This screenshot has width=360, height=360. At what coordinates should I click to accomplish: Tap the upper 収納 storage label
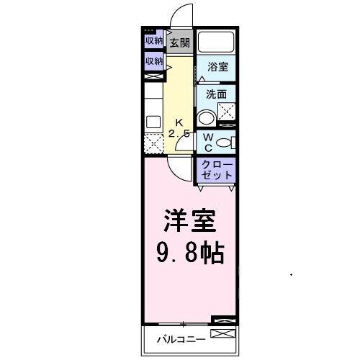[153, 40]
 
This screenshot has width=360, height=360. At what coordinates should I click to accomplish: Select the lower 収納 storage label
[153, 61]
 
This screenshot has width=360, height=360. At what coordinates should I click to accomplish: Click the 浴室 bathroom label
[218, 67]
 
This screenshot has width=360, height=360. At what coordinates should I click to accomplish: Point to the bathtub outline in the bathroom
[217, 41]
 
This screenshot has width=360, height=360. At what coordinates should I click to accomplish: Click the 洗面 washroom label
[216, 94]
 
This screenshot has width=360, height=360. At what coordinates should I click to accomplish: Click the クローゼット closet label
[217, 170]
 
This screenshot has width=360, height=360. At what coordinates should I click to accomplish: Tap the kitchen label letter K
[179, 123]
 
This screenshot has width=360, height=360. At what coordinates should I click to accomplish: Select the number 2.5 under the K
[179, 134]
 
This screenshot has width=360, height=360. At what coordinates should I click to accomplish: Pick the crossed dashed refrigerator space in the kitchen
[153, 143]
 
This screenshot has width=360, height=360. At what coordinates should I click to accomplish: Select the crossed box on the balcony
[222, 334]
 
